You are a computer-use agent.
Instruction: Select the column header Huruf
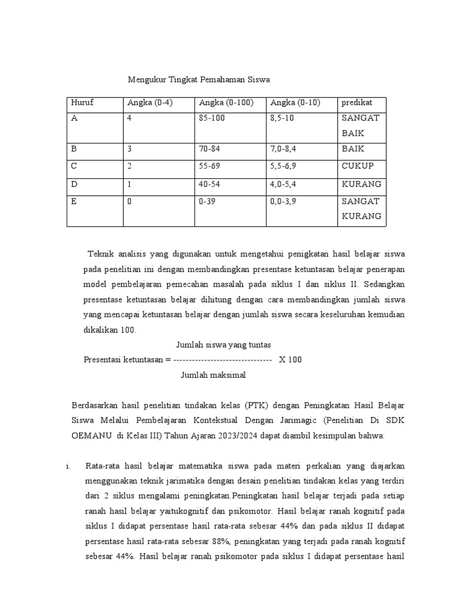[82, 103]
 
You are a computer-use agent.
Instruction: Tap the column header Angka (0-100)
[226, 103]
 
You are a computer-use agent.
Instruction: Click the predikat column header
[358, 103]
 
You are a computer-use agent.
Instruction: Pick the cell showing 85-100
[211, 119]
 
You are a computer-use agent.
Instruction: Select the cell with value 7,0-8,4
[285, 148]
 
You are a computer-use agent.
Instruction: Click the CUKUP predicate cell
[357, 166]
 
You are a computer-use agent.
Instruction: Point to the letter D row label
[74, 184]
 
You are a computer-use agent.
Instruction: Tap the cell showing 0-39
[206, 202]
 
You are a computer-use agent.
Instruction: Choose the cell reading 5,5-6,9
[285, 166]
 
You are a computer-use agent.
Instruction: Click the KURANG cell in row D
[361, 184]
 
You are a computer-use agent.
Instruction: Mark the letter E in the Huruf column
[74, 202]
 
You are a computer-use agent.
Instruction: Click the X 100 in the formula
[291, 360]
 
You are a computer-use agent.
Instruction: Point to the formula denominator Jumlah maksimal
[213, 375]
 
